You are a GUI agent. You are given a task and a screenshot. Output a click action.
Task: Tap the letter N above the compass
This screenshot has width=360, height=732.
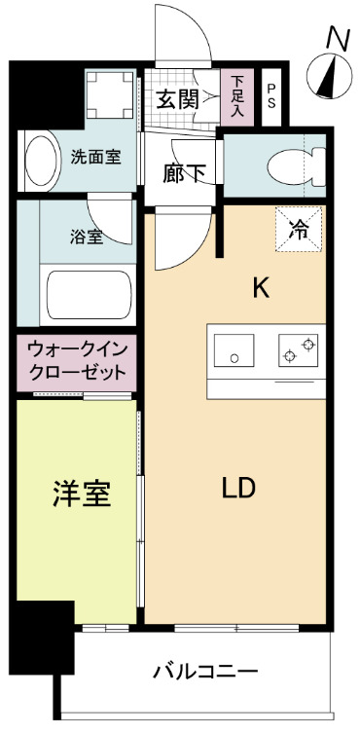coord(338,37)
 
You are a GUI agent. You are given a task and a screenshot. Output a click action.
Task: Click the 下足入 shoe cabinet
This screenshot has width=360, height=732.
coord(237,95)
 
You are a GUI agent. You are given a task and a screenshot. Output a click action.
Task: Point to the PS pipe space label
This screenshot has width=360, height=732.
coord(270,96)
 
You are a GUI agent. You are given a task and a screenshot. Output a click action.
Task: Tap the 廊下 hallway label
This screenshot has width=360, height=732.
coord(184,173)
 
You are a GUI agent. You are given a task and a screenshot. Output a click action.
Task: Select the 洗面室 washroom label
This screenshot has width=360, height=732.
coord(95,157)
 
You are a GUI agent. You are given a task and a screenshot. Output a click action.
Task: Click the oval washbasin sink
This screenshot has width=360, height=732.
coord(41,161)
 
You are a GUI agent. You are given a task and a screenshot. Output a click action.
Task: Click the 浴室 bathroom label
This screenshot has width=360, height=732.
coord(88,238)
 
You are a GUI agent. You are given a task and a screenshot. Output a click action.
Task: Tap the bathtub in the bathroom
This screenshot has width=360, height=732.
coord(90,296)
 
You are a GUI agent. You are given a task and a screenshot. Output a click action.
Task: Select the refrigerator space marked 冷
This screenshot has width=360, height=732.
coord(299,231)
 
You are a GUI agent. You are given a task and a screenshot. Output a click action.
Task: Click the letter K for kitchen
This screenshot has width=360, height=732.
coord(260,287)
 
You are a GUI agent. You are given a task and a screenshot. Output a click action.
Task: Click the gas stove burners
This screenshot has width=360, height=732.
coord(299,350)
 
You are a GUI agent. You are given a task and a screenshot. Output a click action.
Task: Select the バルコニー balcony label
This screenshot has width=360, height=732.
coord(205,672)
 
